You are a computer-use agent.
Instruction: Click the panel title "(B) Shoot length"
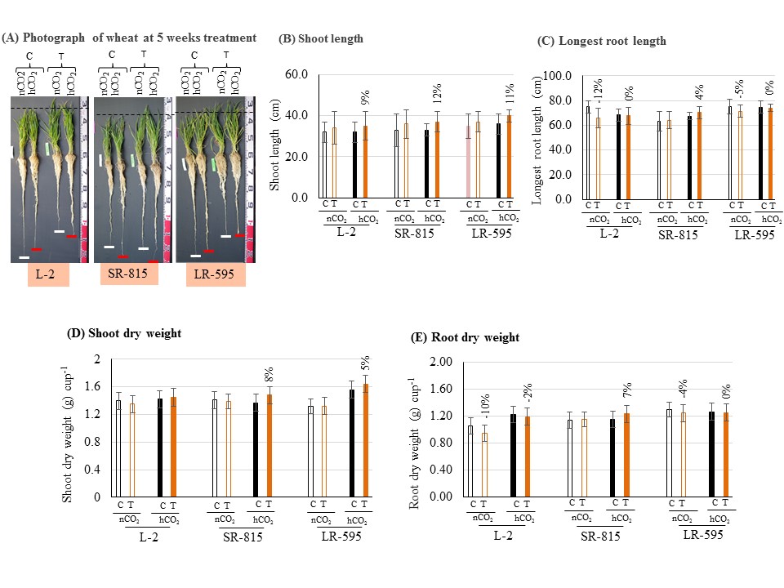coord(321,38)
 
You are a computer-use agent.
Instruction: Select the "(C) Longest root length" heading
coord(601,41)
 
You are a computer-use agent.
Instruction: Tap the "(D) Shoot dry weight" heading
coord(124,333)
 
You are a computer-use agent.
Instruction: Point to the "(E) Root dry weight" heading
coord(465,337)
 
